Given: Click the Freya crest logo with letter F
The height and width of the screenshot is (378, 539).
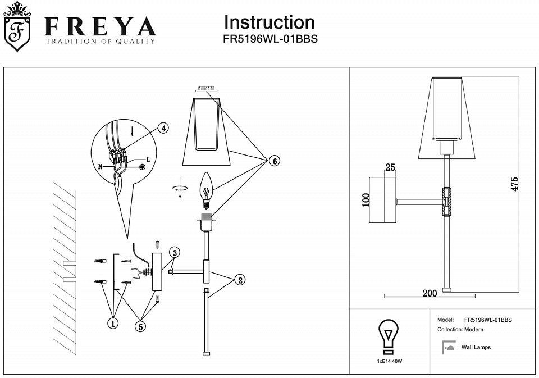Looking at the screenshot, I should click(x=17, y=28).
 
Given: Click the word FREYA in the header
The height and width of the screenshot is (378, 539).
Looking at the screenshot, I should click(x=100, y=26).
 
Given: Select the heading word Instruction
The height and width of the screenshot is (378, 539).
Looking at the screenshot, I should click(x=269, y=22).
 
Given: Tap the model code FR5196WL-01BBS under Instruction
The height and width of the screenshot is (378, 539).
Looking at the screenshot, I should click(x=270, y=40).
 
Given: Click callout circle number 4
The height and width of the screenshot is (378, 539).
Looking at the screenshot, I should click(x=162, y=129).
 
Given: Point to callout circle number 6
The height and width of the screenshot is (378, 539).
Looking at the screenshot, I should click(x=274, y=161).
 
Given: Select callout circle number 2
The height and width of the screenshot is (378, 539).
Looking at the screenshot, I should click(x=240, y=280).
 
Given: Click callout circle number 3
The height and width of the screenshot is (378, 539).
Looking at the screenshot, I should click(x=175, y=252).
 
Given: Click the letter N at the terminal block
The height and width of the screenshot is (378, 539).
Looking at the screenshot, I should click(x=101, y=166).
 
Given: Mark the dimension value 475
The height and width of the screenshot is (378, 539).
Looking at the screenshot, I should click(x=515, y=184).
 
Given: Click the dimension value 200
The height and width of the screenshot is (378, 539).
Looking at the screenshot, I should click(x=430, y=293).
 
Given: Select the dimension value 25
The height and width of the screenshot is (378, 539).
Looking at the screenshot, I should click(x=390, y=167).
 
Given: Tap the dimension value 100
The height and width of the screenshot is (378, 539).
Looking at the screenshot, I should click(x=366, y=201).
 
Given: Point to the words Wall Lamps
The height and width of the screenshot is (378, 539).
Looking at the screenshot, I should click(x=476, y=348).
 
